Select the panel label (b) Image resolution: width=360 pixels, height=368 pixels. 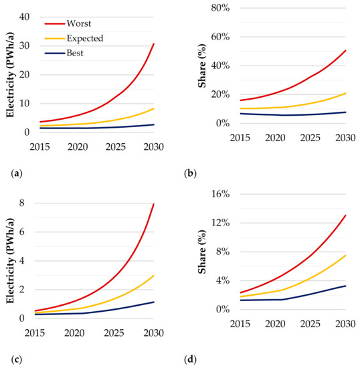190,173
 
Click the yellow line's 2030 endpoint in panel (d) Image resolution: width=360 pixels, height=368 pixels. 346,255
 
